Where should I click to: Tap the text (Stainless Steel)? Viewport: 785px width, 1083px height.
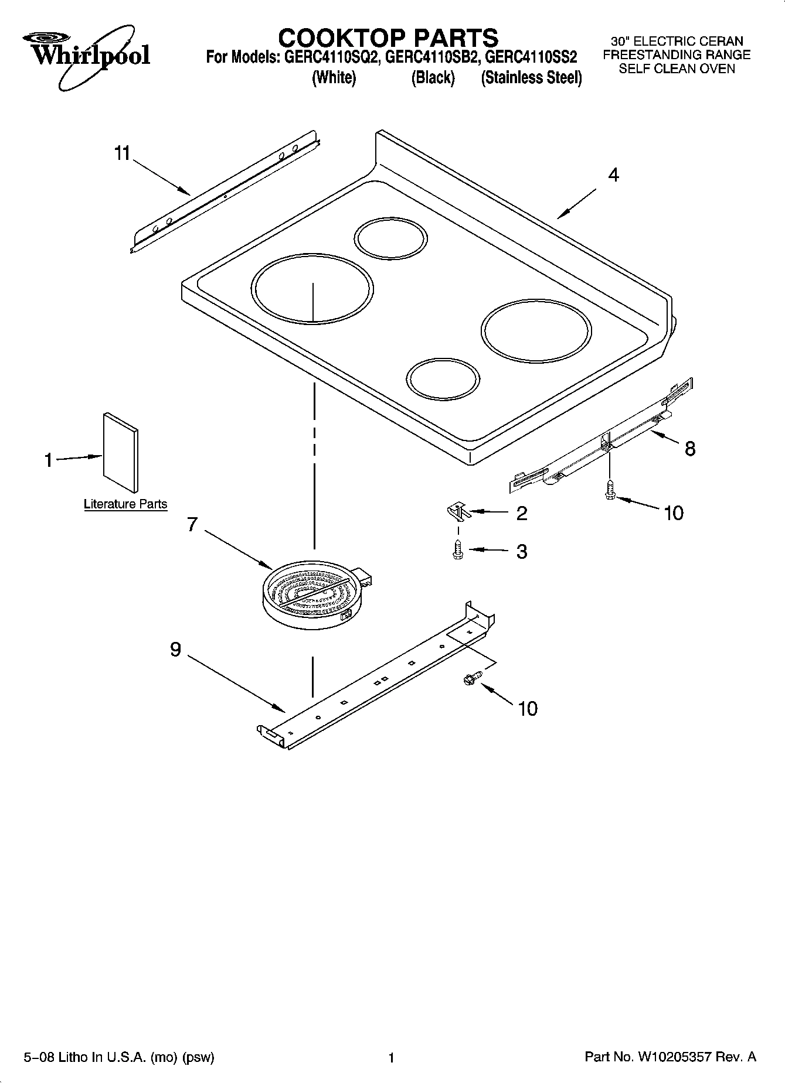(x=531, y=78)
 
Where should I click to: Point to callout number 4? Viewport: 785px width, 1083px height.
(x=613, y=175)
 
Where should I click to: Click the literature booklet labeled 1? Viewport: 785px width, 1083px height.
(x=121, y=452)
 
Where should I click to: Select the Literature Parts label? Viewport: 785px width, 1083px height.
(x=125, y=504)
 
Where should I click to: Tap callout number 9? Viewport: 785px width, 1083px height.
(x=175, y=649)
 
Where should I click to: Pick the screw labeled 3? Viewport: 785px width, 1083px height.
(x=458, y=551)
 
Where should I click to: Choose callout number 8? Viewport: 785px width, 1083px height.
(x=690, y=449)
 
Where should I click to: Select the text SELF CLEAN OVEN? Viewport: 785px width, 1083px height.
(x=677, y=69)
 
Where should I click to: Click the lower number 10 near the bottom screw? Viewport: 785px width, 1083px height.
(x=528, y=709)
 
